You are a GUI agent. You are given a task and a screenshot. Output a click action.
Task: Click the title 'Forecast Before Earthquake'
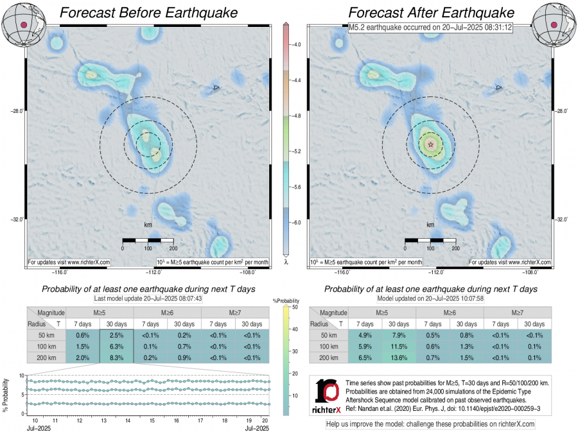[x=148, y=13]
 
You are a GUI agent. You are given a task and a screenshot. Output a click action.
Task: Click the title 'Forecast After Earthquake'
[x=431, y=13]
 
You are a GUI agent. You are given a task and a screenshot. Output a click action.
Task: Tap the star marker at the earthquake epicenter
[x=430, y=144]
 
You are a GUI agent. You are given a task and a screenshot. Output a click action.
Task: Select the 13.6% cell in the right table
[x=399, y=358]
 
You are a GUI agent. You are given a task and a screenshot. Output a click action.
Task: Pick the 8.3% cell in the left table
[x=116, y=358]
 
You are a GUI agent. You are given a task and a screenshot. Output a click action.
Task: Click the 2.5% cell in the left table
[x=116, y=335]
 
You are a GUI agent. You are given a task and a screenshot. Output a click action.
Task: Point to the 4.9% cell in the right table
[x=365, y=335]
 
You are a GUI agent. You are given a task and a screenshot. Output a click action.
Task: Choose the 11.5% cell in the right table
[x=399, y=347]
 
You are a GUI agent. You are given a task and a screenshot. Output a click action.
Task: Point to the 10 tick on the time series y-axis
[x=21, y=375]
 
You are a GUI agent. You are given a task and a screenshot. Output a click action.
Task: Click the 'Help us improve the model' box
[x=430, y=424]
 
